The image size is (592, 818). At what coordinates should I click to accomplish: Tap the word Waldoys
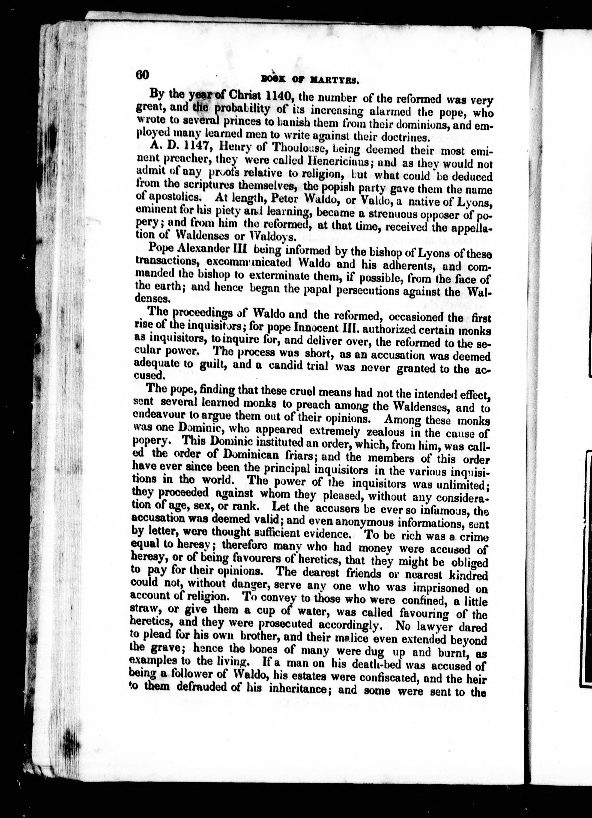pos(273,237)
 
